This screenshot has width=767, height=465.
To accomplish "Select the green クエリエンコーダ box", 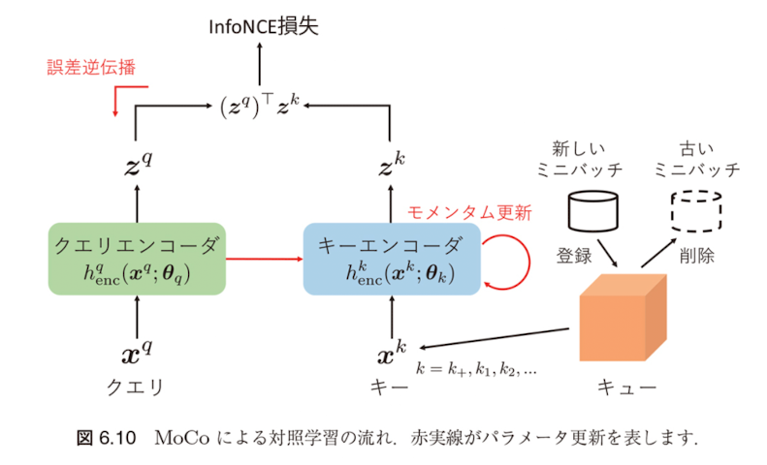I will point(137,259).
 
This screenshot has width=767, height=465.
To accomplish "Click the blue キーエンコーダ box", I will point(392,259).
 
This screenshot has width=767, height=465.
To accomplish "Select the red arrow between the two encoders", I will point(265,260).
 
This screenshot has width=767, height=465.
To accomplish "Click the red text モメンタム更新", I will point(467,213).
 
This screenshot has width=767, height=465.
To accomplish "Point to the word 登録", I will point(574,258).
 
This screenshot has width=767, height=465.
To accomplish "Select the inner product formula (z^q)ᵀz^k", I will point(261,101).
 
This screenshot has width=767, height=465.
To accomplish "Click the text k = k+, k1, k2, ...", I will point(477,368).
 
